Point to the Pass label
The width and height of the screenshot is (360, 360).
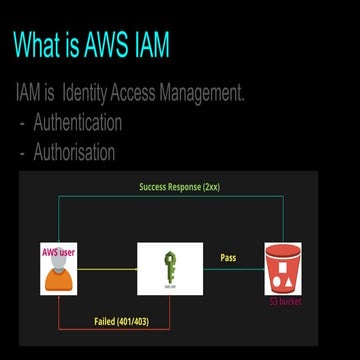tap(227, 258)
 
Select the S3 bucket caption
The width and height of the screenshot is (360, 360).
tap(284, 301)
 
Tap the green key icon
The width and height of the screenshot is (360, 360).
tap(170, 267)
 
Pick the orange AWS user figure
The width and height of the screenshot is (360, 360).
tap(58, 275)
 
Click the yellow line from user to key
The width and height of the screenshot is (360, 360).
tap(108, 268)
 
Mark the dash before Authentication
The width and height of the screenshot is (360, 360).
tap(22, 125)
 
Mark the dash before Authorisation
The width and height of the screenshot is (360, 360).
tap(22, 154)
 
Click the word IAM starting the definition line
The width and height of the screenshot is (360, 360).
tap(28, 95)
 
